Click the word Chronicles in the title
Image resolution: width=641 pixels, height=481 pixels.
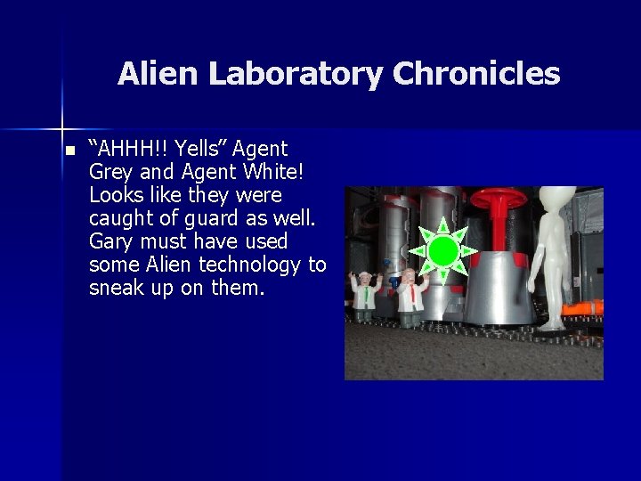click(476, 74)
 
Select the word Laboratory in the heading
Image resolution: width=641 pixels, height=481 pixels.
click(297, 74)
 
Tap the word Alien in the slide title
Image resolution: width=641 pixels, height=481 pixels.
click(158, 74)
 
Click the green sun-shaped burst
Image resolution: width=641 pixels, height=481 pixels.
click(442, 251)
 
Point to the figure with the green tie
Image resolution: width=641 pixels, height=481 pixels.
click(363, 293)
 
